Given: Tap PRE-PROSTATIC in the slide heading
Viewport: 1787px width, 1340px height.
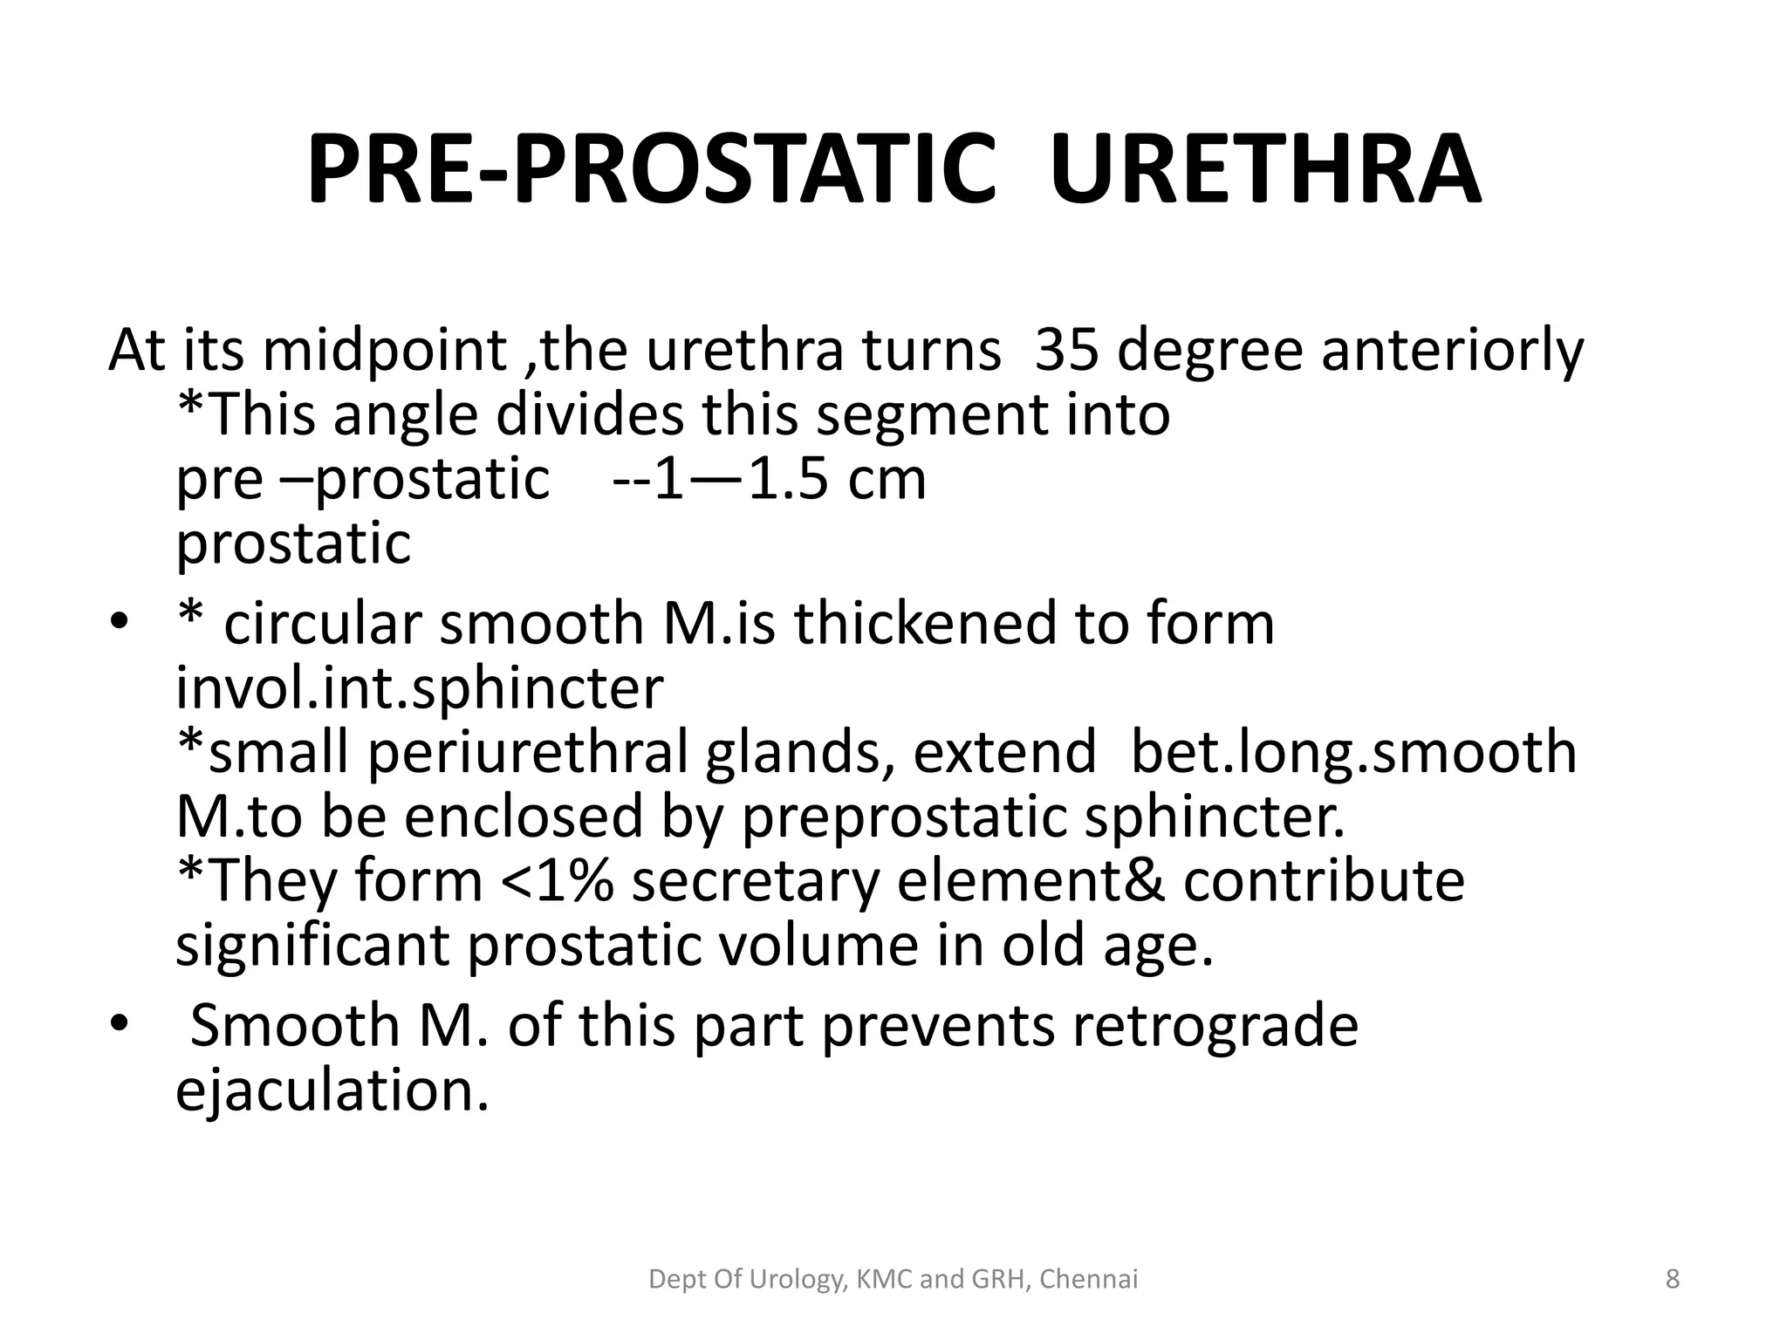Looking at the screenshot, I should pyautogui.click(x=650, y=169).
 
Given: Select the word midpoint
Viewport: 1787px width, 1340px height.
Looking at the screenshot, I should pyautogui.click(x=385, y=351).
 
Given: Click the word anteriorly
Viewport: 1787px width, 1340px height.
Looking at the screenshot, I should pyautogui.click(x=1452, y=351).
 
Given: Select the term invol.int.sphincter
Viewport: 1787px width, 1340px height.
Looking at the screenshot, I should pyautogui.click(x=420, y=688).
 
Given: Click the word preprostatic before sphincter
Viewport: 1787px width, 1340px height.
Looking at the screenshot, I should pyautogui.click(x=904, y=817).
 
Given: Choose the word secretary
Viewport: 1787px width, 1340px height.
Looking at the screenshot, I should pyautogui.click(x=756, y=880).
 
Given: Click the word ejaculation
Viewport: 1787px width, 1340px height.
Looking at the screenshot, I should pyautogui.click(x=332, y=1090).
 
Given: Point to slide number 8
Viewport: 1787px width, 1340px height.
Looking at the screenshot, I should pyautogui.click(x=1673, y=1280).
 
